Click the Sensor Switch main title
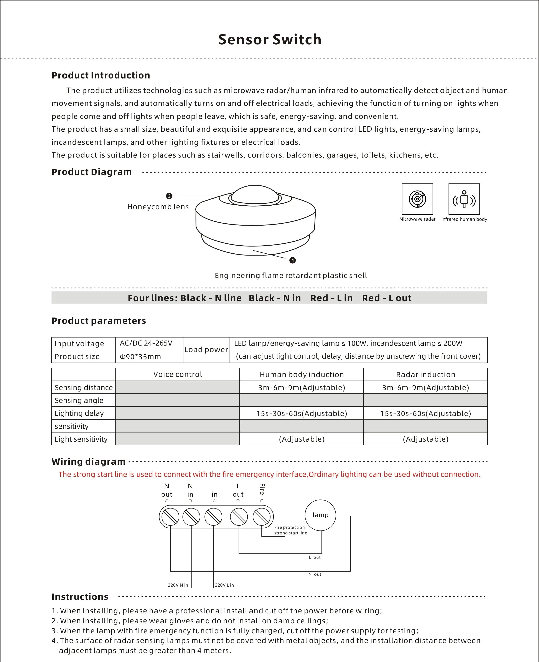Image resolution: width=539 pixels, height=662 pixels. [x=270, y=40]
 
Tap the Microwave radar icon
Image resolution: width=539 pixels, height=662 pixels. [x=417, y=199]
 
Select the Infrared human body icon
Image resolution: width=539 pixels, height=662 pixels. [x=464, y=199]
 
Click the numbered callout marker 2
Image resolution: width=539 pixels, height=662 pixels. [x=169, y=196]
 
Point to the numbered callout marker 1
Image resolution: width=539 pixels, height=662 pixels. [x=292, y=260]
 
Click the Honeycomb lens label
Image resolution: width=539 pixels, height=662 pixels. [x=158, y=207]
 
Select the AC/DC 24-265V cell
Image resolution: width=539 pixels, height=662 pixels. [x=146, y=343]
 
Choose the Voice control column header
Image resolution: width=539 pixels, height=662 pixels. [x=178, y=374]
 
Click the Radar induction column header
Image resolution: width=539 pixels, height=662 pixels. [x=425, y=374]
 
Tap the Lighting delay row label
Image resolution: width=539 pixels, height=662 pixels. [x=79, y=413]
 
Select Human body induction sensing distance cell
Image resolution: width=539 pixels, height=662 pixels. [x=302, y=388]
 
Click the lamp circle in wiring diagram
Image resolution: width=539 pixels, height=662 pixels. [x=320, y=515]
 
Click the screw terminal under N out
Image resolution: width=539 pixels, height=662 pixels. [x=170, y=517]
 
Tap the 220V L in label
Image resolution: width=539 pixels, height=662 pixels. [x=224, y=585]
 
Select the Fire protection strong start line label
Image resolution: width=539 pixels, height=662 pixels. [x=290, y=530]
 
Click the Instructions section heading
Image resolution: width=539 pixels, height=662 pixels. [x=80, y=597]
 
